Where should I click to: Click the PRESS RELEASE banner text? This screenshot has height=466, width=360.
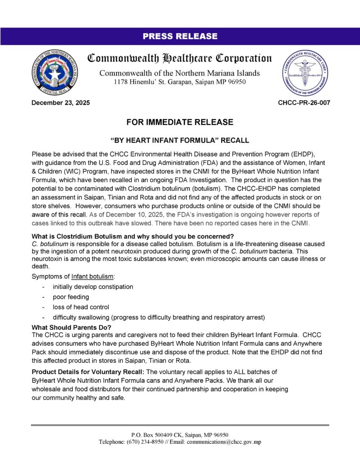pos(180,36)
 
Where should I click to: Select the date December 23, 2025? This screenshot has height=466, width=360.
pos(61,103)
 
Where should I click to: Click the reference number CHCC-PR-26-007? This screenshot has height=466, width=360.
pos(304,103)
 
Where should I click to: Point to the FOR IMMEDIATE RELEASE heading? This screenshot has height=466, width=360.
pos(180,122)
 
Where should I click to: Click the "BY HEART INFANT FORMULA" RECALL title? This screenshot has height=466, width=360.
pos(180,140)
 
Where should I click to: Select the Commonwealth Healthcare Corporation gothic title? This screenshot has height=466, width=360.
pos(180,59)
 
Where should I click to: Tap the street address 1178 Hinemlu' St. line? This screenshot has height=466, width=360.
pos(180,82)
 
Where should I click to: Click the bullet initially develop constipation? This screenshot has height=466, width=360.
pos(93,287)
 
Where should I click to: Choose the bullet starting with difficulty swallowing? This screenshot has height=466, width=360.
pos(159,317)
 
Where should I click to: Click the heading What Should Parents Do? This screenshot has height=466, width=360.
pos(71,327)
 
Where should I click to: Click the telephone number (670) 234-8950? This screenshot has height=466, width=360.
pos(150,442)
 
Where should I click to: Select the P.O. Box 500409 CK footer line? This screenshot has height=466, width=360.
pos(180,435)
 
